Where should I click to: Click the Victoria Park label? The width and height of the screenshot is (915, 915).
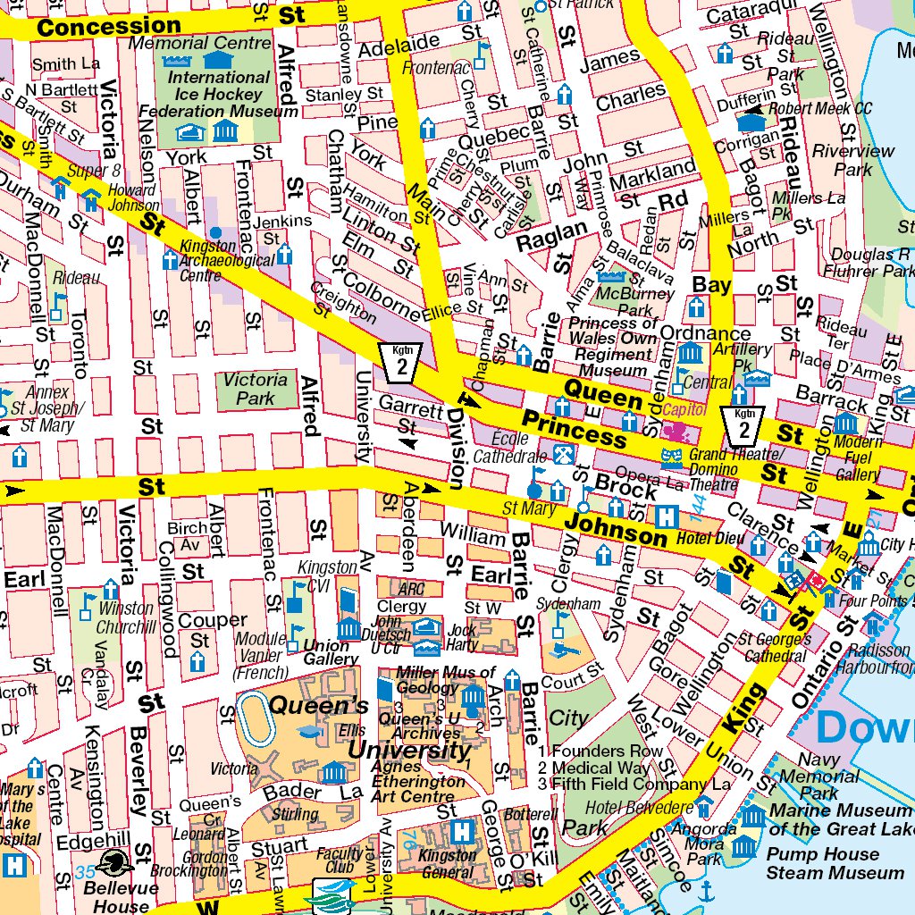256,388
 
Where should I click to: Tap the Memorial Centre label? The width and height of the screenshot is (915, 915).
200,42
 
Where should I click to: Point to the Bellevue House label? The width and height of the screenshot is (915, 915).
115,897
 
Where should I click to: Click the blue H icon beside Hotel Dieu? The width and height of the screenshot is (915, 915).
666,516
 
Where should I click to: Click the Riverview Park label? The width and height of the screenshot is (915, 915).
852,160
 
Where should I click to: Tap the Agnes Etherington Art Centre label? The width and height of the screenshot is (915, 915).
421,781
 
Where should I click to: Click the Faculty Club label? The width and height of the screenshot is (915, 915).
340,860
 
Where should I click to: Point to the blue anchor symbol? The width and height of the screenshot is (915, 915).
705,891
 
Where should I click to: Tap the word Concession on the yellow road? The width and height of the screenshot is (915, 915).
109,28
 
